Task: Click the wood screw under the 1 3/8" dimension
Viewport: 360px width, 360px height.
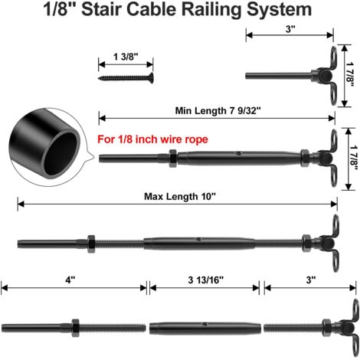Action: point(126,77)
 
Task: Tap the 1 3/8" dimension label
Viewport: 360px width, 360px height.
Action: point(126,57)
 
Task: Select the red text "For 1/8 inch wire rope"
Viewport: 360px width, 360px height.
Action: point(152,139)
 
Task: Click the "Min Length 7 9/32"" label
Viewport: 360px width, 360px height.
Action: point(218,111)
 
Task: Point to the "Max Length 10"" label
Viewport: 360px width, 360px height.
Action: point(180,197)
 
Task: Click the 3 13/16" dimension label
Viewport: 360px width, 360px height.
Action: point(205,280)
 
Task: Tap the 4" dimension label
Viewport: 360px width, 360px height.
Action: point(70,280)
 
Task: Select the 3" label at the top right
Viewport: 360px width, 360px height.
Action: point(290,29)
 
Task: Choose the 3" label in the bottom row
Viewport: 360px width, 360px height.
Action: point(311,280)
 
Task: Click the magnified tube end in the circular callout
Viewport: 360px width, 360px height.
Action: point(45,146)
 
